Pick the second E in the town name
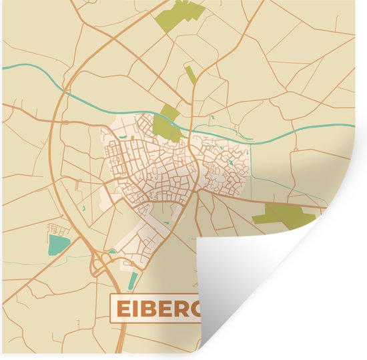pyautogui.click(x=165, y=309)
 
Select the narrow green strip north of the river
pyautogui.click(x=191, y=75)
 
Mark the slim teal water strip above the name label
pyautogui.click(x=134, y=280)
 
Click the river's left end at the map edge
pyautogui.click(x=3, y=66)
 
